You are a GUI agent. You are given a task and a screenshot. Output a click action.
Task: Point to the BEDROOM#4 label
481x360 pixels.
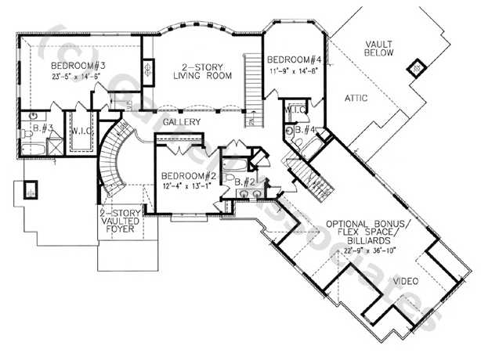tap(293, 59)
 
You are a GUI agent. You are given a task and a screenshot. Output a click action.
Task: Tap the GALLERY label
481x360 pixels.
tap(180, 123)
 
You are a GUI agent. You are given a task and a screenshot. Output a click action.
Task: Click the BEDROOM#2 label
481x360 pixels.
tap(185, 175)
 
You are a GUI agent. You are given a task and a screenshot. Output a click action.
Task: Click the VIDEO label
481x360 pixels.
tap(405, 281)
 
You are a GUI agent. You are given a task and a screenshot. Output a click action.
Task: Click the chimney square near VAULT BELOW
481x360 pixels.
tap(414, 68)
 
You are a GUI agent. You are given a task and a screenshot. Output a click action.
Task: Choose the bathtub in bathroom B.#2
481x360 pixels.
tap(233, 165)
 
